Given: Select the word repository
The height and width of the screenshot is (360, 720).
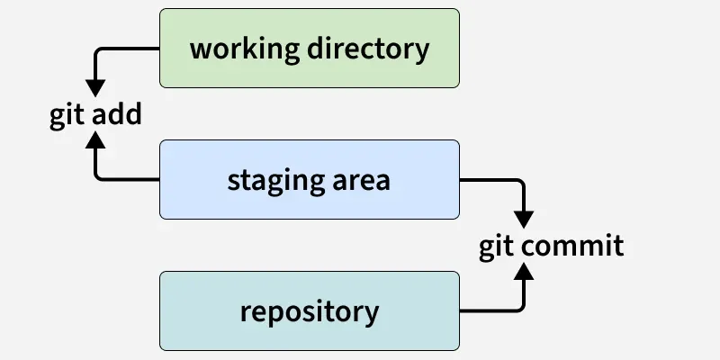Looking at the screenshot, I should click(x=310, y=312).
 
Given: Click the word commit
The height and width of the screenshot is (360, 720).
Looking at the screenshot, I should click(x=576, y=246).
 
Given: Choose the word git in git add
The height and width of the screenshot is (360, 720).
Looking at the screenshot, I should click(x=67, y=117).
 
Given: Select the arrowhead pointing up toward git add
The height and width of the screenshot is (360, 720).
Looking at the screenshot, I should click(x=95, y=140).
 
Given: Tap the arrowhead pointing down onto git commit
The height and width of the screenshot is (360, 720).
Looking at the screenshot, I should click(x=524, y=219).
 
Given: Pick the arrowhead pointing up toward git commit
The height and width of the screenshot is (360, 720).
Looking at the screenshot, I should click(x=524, y=272).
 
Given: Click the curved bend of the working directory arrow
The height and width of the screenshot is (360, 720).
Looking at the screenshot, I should click(x=98, y=51).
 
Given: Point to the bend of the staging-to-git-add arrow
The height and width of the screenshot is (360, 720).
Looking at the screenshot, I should click(x=98, y=177).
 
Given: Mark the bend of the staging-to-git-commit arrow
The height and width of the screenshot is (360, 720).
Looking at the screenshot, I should click(x=521, y=183).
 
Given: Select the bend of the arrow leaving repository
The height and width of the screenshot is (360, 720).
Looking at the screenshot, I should click(x=521, y=308).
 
